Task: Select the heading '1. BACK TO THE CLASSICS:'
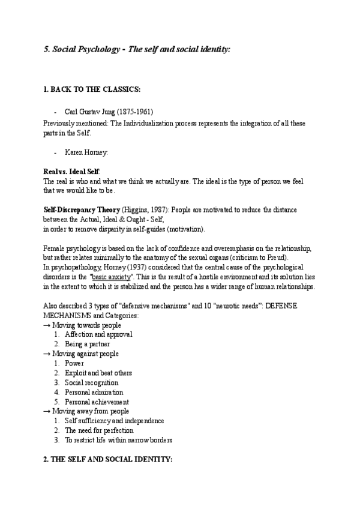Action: pos(92,89)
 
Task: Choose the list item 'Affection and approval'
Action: pos(98,334)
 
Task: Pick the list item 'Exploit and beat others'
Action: pos(98,373)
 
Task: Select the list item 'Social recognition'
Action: pos(91,382)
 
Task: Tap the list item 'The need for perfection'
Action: pos(99,430)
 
